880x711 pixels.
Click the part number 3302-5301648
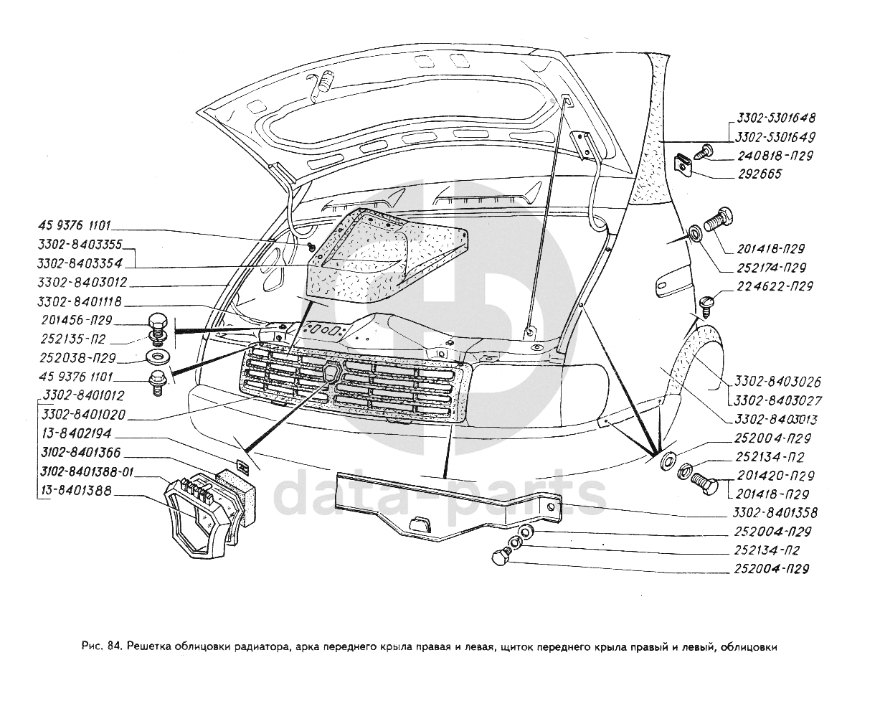click(775, 118)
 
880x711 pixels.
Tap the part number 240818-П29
click(773, 156)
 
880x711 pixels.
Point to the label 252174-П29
click(770, 268)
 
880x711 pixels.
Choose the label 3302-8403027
click(777, 400)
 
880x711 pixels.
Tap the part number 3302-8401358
click(775, 513)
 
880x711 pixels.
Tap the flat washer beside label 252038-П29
click(156, 357)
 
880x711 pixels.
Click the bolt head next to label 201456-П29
click(158, 321)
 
